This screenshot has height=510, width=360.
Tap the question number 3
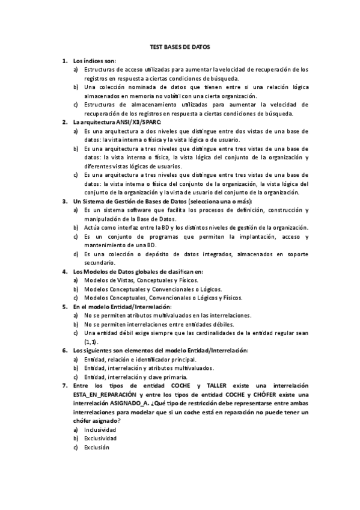[x=65, y=201]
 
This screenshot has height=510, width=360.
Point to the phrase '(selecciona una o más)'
[x=221, y=201]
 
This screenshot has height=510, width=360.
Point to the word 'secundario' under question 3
[x=99, y=262]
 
